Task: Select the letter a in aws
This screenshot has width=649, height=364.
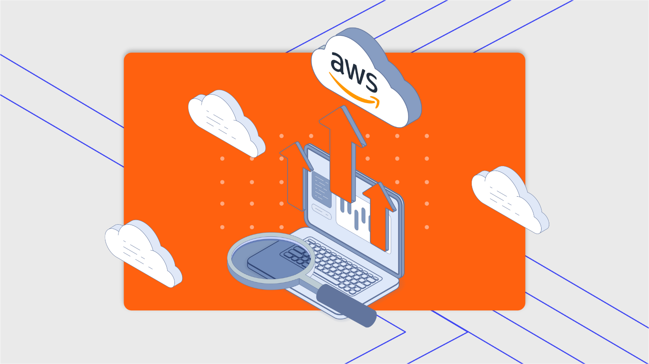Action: coord(337,62)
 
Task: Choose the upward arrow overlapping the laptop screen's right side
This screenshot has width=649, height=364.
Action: coord(379,215)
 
